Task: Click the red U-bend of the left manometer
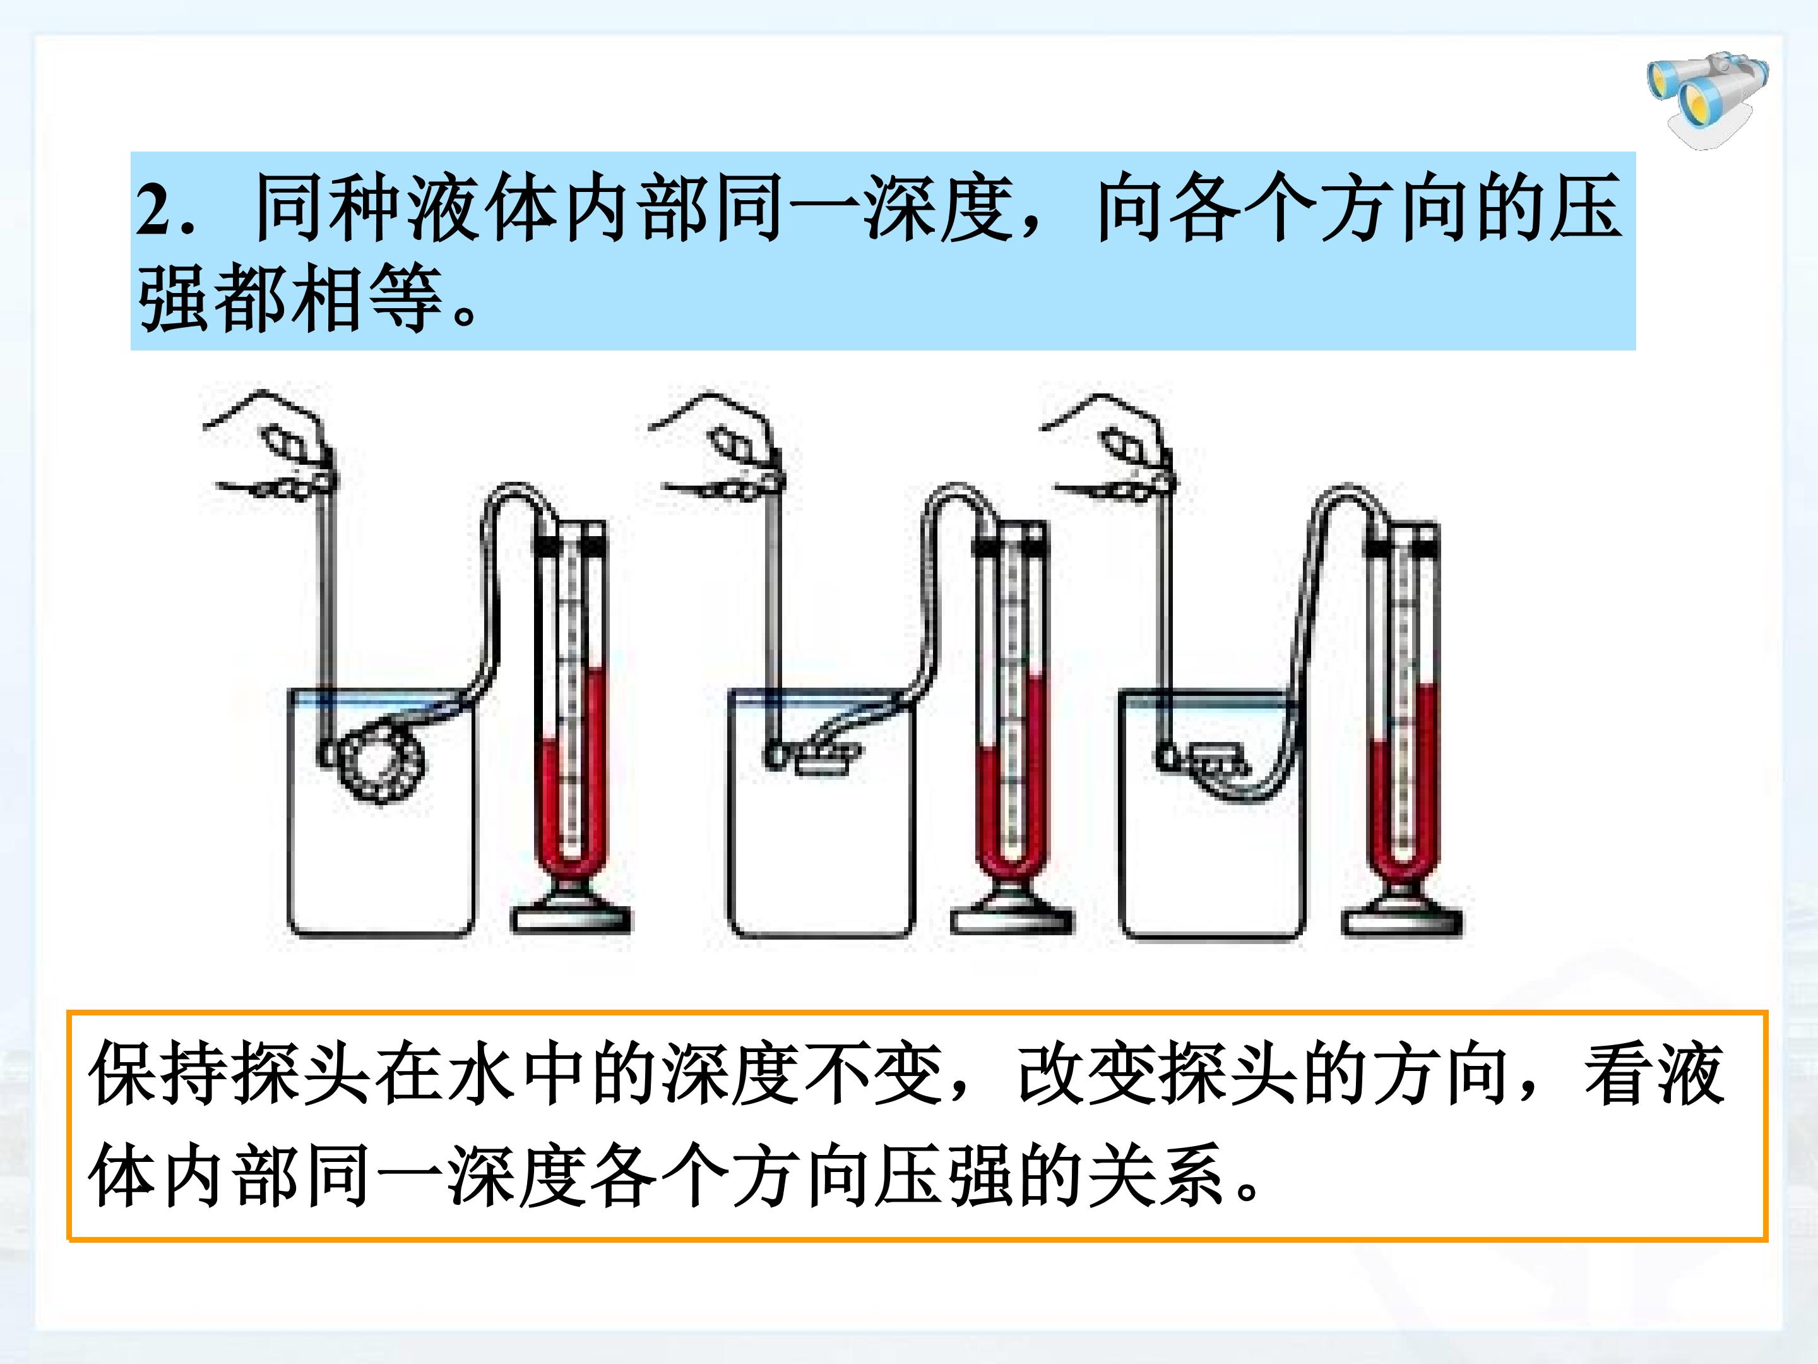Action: pos(571,855)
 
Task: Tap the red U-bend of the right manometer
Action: pos(1402,855)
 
